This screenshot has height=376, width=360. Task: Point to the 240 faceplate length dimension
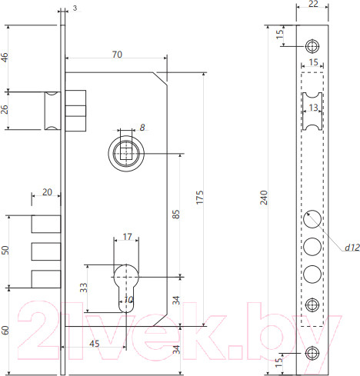264,198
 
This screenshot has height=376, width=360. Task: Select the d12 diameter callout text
352,247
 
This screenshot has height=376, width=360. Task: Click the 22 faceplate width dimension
312,5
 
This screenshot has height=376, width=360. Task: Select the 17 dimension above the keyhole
127,238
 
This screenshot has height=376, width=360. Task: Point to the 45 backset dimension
93,343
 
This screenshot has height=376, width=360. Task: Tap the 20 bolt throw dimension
46,192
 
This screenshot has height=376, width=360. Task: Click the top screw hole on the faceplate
312,44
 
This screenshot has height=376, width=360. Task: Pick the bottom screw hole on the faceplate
312,353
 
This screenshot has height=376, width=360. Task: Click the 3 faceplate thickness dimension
75,8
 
